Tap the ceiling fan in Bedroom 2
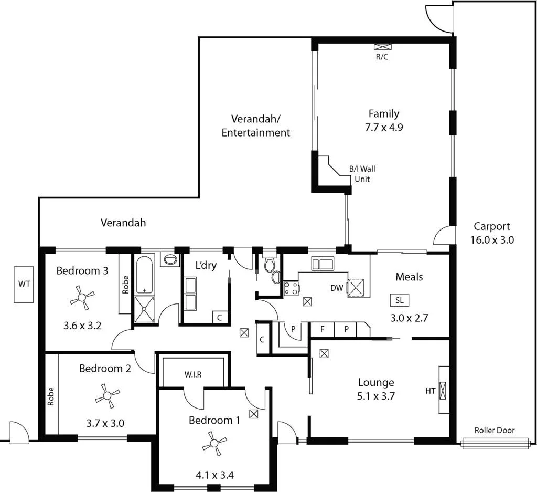pos(108,395)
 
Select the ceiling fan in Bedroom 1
pos(214,444)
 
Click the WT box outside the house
pos(25,284)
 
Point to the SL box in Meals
pos(400,300)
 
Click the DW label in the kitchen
pos(337,288)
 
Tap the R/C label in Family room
pos(382,57)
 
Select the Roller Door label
pos(495,430)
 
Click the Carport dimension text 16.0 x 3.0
pos(492,240)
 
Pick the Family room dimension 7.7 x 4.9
pos(384,127)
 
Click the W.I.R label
pos(193,374)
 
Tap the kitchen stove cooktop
pos(291,287)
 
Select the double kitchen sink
pos(319,263)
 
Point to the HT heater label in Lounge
pos(431,391)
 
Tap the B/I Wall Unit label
pos(362,174)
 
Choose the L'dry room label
pos(206,266)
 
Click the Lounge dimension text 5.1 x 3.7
pos(376,396)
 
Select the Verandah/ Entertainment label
pos(255,125)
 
